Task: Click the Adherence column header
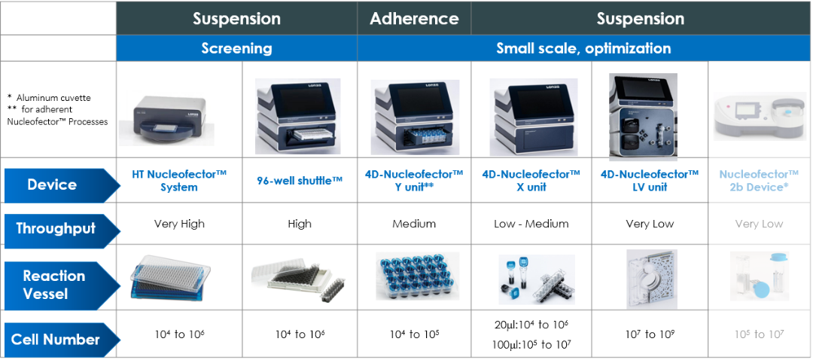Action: (x=414, y=19)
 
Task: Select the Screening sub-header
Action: (x=236, y=48)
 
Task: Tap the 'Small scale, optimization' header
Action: (x=583, y=48)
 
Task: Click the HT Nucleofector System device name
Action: (x=179, y=180)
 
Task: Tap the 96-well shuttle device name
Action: (x=300, y=180)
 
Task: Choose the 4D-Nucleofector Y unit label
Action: (x=414, y=180)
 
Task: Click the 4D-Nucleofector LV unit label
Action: (x=650, y=180)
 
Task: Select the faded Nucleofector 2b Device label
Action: (x=759, y=180)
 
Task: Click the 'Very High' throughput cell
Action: (x=179, y=224)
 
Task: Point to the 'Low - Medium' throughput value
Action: (x=531, y=224)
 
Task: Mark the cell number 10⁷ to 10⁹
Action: (x=650, y=334)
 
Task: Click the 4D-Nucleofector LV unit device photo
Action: (x=643, y=117)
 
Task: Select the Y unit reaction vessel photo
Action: (x=413, y=276)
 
